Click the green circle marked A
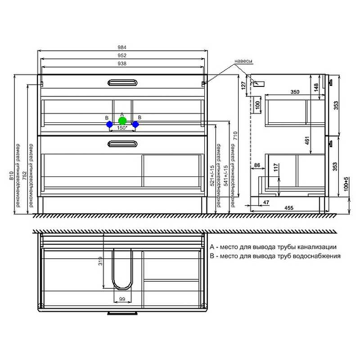click(x=122, y=121)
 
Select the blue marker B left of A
click(x=109, y=125)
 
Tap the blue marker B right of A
click(x=135, y=125)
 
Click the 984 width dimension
click(x=122, y=47)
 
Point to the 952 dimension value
click(x=122, y=55)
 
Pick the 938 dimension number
click(x=122, y=63)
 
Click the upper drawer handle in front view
click(x=122, y=83)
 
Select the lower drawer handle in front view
click(x=122, y=144)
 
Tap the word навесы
click(x=243, y=61)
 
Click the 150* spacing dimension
click(x=122, y=128)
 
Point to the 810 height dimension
click(x=12, y=175)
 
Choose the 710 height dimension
click(x=235, y=136)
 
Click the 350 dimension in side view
click(x=295, y=92)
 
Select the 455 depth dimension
click(x=289, y=208)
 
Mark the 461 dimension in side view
click(x=307, y=140)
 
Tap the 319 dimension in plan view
click(x=100, y=261)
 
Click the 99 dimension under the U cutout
click(x=122, y=299)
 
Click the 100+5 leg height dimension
click(x=346, y=184)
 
